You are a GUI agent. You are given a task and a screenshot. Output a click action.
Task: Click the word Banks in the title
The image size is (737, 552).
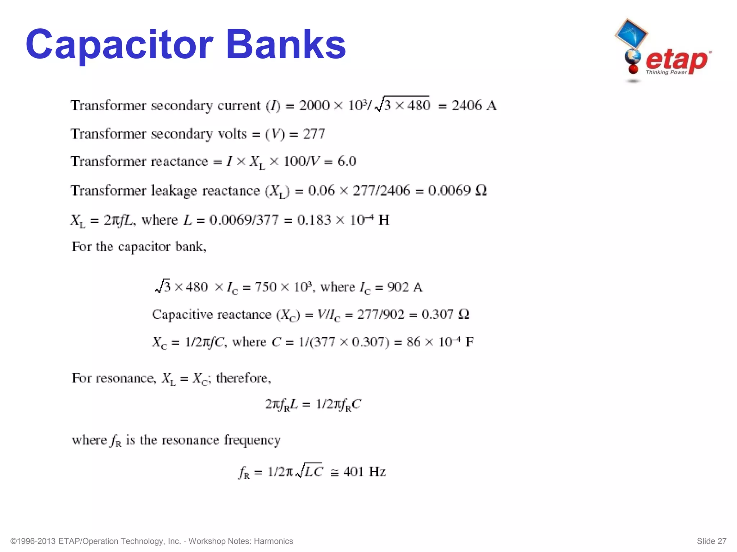coord(286,45)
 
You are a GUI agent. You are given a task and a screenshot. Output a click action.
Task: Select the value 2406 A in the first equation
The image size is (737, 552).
coord(474,106)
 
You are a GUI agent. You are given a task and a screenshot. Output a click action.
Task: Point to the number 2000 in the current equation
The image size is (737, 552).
coord(314,106)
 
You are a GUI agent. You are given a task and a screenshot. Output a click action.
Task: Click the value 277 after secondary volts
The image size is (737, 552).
coord(314,134)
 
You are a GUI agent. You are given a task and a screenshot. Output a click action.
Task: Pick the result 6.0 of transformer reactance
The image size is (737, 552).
coord(347,161)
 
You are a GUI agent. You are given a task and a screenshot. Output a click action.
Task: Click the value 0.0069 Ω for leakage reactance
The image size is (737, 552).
coord(457,190)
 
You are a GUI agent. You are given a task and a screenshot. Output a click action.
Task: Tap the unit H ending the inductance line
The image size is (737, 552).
coord(384,220)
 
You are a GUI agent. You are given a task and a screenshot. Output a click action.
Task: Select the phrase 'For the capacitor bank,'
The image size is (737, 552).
coord(139,247)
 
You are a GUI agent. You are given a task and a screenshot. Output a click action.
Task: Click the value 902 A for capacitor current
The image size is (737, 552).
coord(405,287)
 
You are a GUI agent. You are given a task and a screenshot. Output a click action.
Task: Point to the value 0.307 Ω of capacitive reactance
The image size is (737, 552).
coord(446,314)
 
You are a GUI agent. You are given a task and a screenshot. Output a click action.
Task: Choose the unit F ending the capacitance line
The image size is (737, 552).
coord(469,342)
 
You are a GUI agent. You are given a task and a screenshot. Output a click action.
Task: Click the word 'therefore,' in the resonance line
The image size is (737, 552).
coord(244,378)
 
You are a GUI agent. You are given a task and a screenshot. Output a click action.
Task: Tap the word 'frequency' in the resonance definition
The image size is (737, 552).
coord(252,440)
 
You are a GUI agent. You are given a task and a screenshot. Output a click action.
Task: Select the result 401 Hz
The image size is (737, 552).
coord(365,471)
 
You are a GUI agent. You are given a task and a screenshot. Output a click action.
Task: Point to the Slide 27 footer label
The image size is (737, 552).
coord(711,541)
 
